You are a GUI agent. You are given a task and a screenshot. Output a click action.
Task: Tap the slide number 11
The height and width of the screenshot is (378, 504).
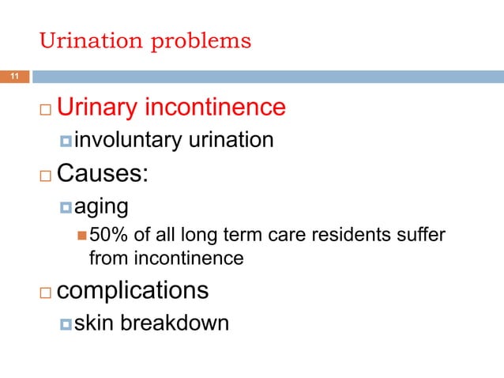pyautogui.click(x=13, y=77)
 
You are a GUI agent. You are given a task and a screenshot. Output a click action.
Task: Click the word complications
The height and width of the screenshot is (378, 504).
pyautogui.click(x=134, y=290)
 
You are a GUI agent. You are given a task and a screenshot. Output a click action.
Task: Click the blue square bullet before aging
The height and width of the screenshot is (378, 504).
pyautogui.click(x=66, y=207)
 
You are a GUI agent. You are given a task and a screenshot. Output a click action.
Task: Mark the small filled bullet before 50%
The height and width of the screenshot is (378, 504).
pyautogui.click(x=82, y=236)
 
